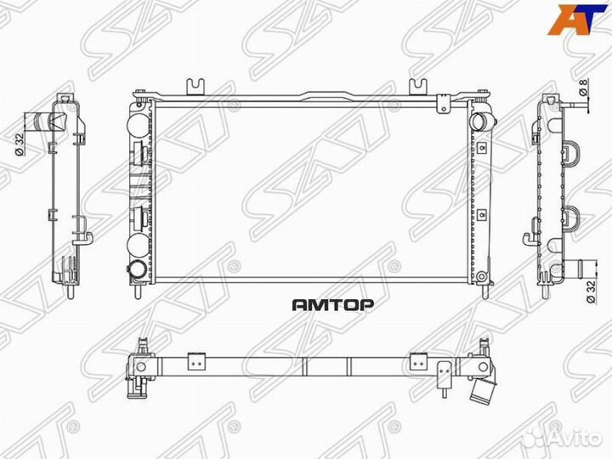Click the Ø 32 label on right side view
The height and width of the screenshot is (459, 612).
(x=589, y=293)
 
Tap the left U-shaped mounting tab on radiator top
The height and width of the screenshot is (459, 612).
(x=196, y=86)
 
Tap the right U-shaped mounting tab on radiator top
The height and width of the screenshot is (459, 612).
(x=418, y=86)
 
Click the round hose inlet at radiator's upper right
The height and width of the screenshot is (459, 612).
(x=481, y=120)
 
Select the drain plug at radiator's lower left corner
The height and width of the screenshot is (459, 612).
(x=137, y=270)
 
